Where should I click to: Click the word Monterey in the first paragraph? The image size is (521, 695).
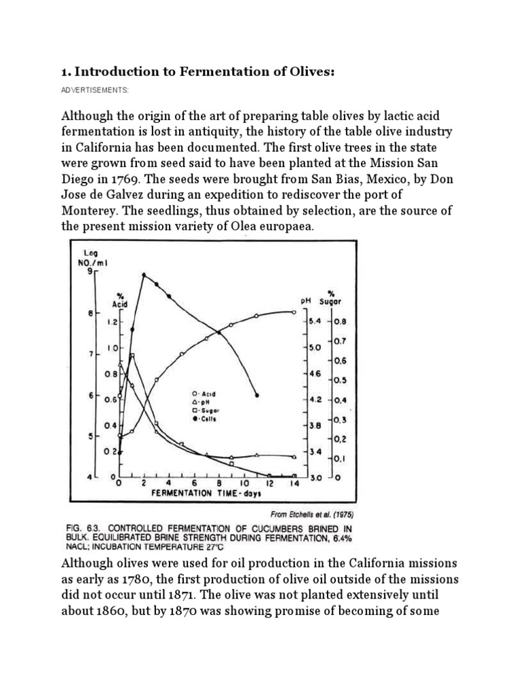[x=90, y=211]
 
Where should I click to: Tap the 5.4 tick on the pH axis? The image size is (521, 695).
[x=314, y=322]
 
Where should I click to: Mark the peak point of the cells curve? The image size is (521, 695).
[x=144, y=275]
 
